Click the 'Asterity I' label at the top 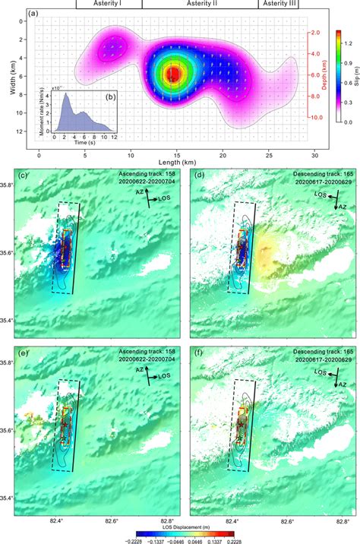click(109, 4)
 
